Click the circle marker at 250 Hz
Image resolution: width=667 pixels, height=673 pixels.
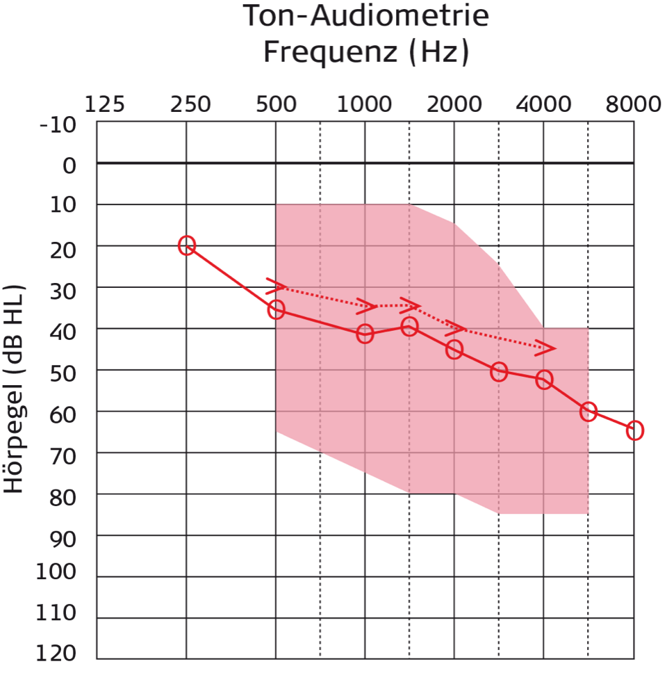tap(186, 245)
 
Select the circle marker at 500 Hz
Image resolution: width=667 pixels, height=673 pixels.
tap(276, 309)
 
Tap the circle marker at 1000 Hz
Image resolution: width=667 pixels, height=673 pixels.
tap(365, 334)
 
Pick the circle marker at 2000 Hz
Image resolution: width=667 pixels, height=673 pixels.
tap(454, 350)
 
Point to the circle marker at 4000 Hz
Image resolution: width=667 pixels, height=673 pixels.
tap(544, 380)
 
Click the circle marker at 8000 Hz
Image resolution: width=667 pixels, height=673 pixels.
tap(634, 430)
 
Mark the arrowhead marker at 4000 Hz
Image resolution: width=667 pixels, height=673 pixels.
tap(546, 348)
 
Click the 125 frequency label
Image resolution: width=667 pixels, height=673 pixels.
tap(105, 104)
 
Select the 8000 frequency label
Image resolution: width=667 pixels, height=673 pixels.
tap(632, 104)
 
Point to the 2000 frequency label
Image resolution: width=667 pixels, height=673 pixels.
tap(454, 104)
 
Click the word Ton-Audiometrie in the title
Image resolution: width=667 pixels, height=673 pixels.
tap(365, 17)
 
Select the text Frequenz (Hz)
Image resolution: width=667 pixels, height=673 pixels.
tap(365, 52)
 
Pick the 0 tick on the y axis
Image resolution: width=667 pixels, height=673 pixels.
tap(69, 166)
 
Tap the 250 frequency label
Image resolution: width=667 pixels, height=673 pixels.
tap(190, 104)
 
